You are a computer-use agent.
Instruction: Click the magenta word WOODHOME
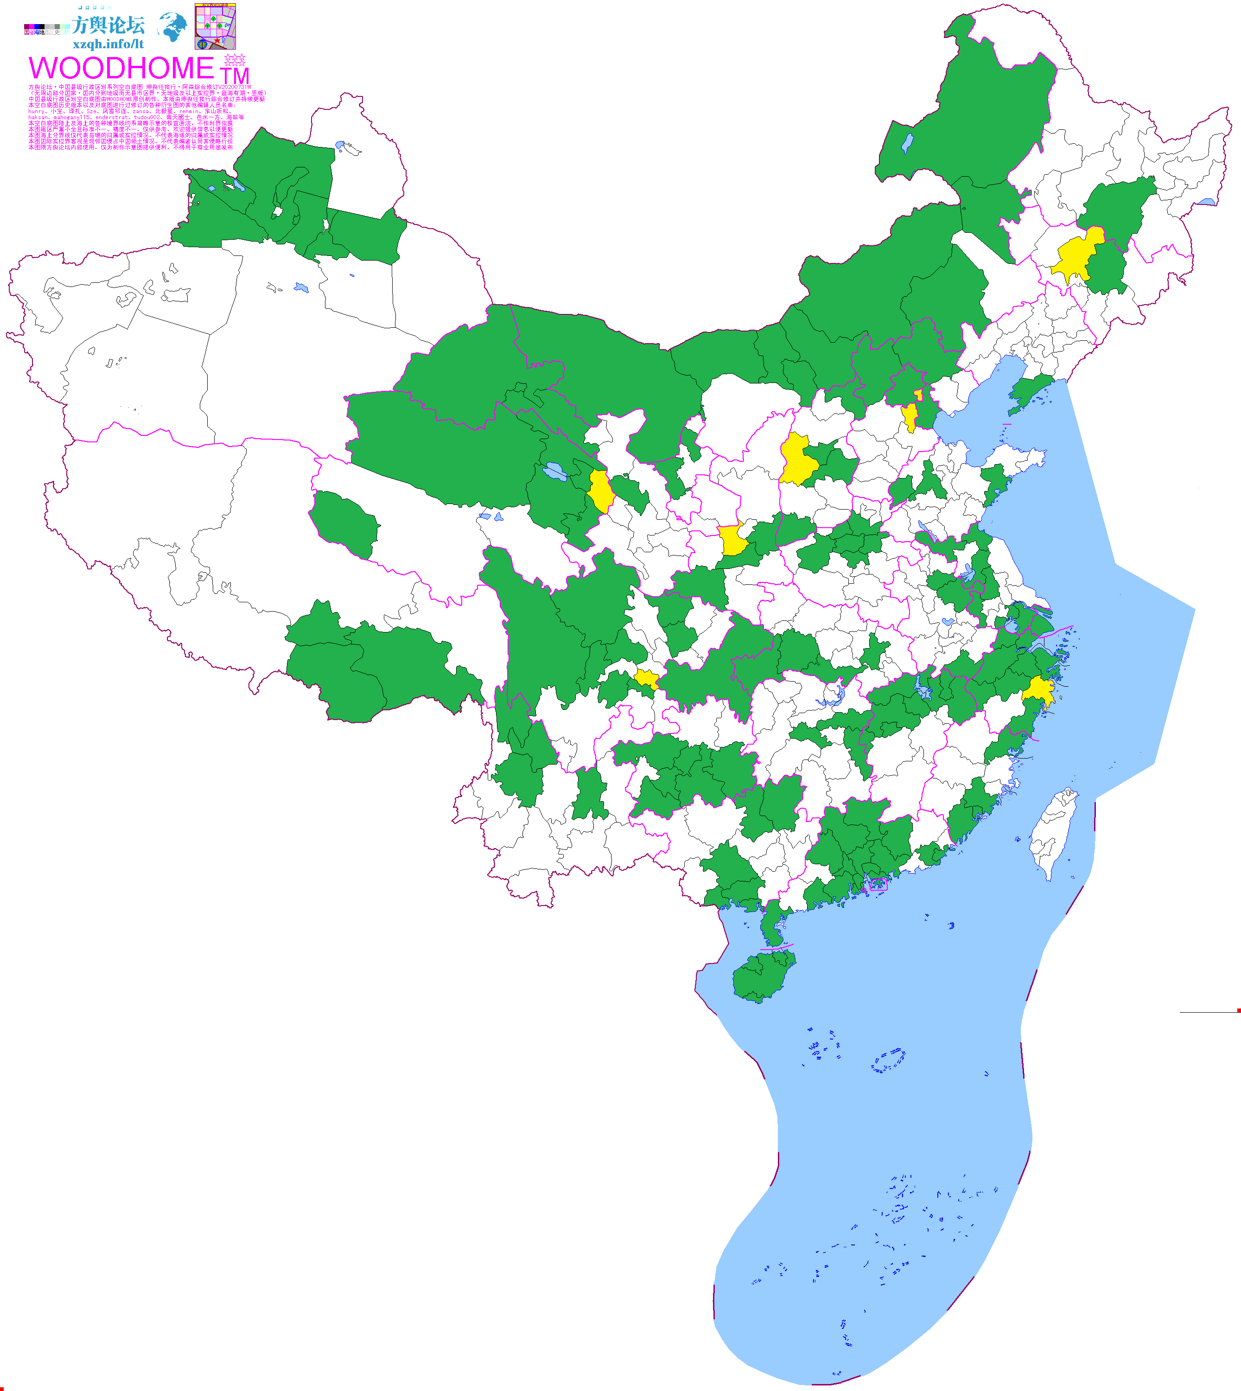(x=121, y=68)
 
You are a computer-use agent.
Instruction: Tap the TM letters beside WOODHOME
(x=235, y=76)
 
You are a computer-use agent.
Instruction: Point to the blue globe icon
(x=172, y=26)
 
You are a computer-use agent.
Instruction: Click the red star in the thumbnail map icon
(x=217, y=40)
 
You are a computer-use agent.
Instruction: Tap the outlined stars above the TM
(x=235, y=59)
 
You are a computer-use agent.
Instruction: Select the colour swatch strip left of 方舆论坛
(x=45, y=29)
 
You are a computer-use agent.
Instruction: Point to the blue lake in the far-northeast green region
(x=907, y=143)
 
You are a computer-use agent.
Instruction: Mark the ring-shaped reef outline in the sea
(x=888, y=1060)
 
